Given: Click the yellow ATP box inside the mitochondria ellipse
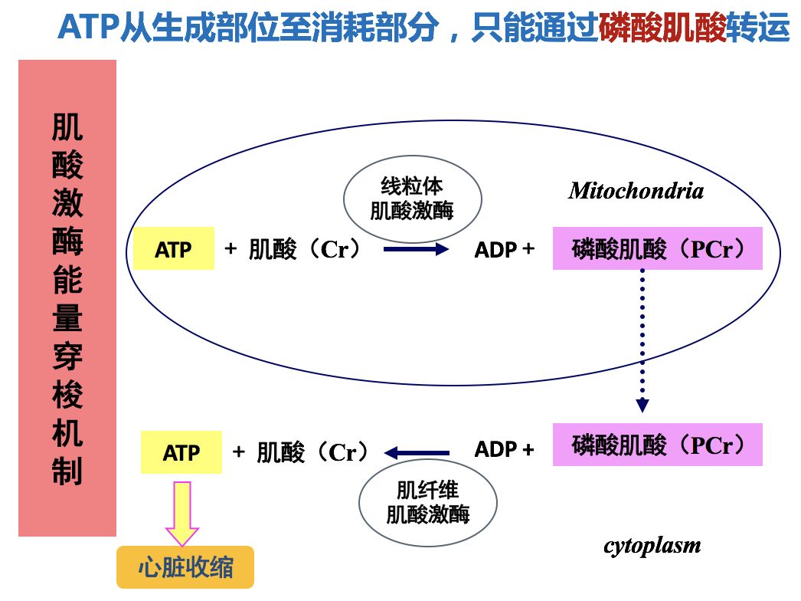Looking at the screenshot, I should coord(174,249).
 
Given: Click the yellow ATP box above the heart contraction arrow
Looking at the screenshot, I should coord(181,452).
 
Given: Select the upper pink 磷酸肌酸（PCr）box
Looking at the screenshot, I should coord(657,248).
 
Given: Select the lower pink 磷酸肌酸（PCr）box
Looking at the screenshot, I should coord(657,445).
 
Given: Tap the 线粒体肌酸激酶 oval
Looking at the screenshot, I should coord(412,199).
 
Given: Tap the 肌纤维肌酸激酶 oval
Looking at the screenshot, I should coord(427,502).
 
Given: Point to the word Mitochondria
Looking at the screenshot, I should coord(636,191).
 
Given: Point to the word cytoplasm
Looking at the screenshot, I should coord(652,546).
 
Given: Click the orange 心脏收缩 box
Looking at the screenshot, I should coord(185,568).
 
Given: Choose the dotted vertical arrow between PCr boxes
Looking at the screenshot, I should coord(642,341).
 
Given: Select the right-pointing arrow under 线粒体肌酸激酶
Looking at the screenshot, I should coord(416,249).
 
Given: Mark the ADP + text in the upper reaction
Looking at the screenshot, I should coord(504,249).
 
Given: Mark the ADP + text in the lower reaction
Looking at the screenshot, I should coord(504,449).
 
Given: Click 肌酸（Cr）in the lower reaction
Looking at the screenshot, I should coord(312,452).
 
